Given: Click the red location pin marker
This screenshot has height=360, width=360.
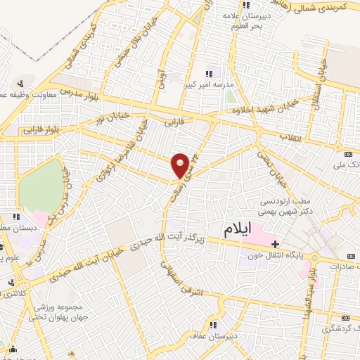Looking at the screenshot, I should pyautogui.click(x=180, y=165).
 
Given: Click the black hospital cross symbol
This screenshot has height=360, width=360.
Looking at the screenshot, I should pyautogui.click(x=275, y=243).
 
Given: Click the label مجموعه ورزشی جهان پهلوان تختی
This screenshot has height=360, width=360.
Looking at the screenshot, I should pyautogui.click(x=57, y=311).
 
